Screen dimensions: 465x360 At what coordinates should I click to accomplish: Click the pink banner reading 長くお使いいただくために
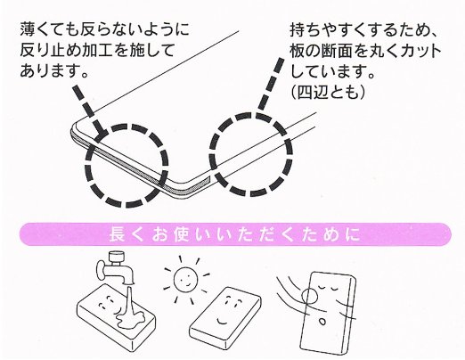click(x=235, y=234)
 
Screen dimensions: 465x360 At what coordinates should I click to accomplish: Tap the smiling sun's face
click(x=185, y=279)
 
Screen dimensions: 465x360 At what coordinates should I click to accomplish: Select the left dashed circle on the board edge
click(x=126, y=166)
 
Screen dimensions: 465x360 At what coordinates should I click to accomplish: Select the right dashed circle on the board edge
click(x=251, y=154)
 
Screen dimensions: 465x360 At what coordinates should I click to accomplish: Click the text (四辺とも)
click(x=327, y=93)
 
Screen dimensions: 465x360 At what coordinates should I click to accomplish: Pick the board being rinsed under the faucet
click(x=117, y=316)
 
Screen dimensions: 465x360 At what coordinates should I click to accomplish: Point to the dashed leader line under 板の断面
click(x=270, y=86)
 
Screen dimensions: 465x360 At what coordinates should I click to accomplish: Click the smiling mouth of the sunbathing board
click(x=222, y=321)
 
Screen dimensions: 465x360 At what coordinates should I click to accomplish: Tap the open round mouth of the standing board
click(x=322, y=322)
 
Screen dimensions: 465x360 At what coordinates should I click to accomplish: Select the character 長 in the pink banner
click(x=117, y=234)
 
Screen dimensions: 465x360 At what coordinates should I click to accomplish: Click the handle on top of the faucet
click(x=117, y=258)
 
